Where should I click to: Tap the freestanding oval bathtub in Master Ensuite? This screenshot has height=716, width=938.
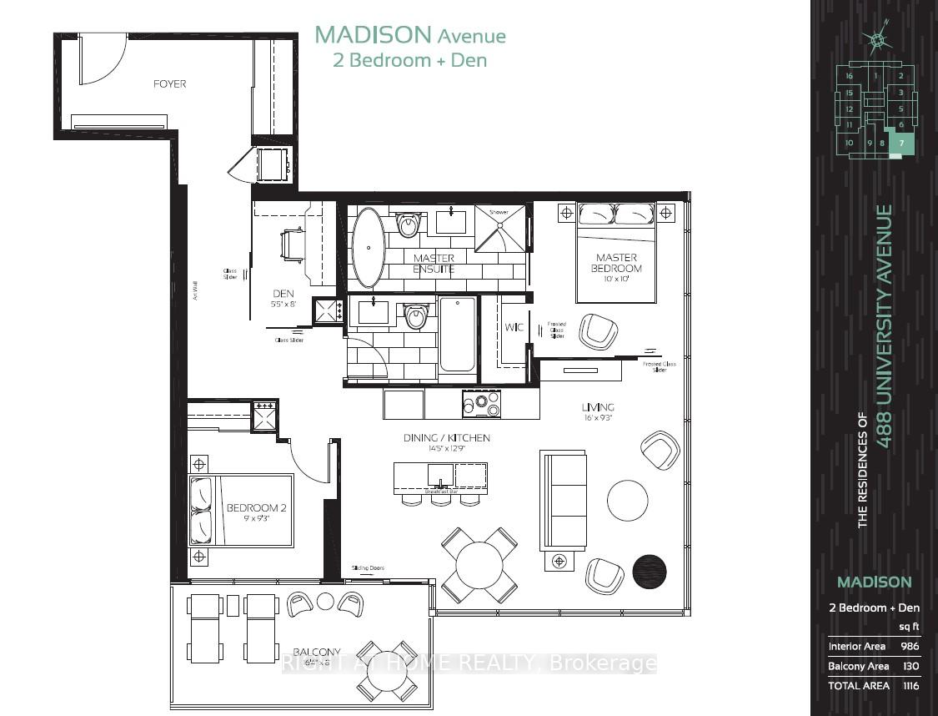point(367,247)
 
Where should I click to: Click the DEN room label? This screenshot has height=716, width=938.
point(283,294)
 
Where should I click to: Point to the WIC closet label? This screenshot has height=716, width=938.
point(514,327)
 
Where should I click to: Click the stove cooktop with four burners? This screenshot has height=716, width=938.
point(481,405)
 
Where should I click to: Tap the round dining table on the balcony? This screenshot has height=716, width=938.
point(387,672)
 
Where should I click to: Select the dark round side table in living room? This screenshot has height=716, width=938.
point(650,572)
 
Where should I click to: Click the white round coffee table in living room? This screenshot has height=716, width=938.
point(627,500)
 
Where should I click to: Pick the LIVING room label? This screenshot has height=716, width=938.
point(598,407)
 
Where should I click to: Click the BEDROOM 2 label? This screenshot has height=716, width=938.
point(256,508)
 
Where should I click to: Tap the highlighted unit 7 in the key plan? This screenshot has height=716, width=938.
point(900,144)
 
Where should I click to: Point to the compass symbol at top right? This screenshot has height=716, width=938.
point(877,40)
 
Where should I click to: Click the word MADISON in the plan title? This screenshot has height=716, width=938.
point(373,35)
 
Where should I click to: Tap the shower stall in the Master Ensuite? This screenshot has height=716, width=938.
point(500,227)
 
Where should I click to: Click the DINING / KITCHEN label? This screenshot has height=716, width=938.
point(446,438)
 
